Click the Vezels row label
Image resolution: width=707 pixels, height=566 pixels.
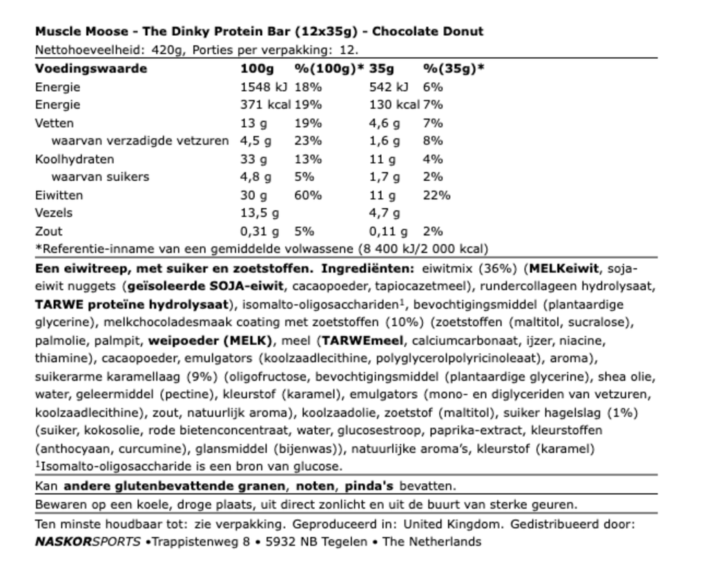click(54, 213)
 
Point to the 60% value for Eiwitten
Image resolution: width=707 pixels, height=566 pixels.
click(308, 195)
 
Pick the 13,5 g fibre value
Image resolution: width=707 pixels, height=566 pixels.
click(260, 213)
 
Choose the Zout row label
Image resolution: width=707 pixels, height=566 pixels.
click(48, 231)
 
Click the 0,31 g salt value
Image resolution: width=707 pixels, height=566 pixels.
click(260, 231)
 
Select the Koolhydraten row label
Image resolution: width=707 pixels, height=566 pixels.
click(75, 159)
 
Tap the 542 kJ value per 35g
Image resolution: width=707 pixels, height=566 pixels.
click(389, 87)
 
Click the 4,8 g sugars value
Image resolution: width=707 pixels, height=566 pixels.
click(255, 177)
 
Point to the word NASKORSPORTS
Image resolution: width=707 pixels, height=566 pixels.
click(88, 542)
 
